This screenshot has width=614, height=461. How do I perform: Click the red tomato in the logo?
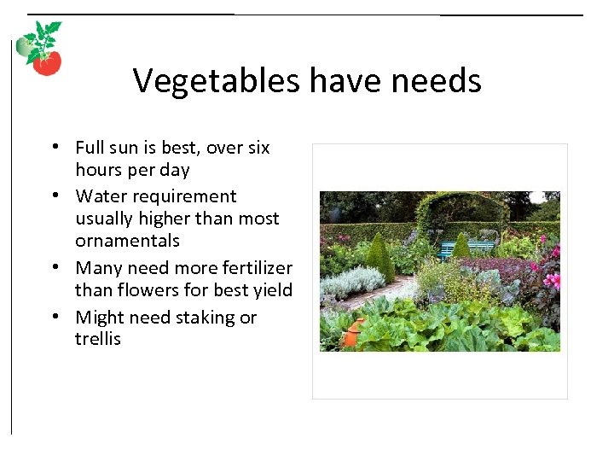click(48, 63)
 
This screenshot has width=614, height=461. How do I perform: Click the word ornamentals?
click(127, 241)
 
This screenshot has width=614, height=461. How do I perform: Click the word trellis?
click(98, 339)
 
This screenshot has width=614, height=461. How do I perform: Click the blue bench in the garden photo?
click(465, 248)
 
